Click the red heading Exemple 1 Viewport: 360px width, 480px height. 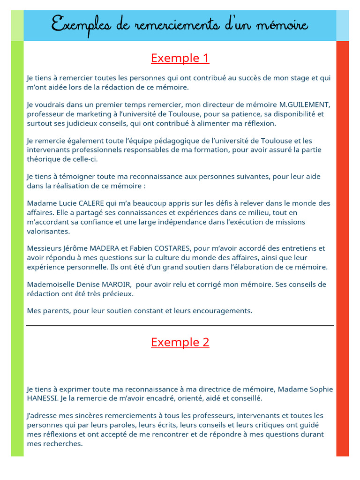point(180,58)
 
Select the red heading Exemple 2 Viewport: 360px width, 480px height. point(180,342)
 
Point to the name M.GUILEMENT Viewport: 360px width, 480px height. point(305,105)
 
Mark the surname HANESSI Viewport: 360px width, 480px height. point(43,398)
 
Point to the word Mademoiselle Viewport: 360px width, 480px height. point(49,285)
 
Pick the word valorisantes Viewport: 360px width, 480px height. point(48,231)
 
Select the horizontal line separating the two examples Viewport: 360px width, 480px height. point(180,325)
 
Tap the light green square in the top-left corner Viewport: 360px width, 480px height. point(17,26)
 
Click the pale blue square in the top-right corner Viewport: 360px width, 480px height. point(343,26)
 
